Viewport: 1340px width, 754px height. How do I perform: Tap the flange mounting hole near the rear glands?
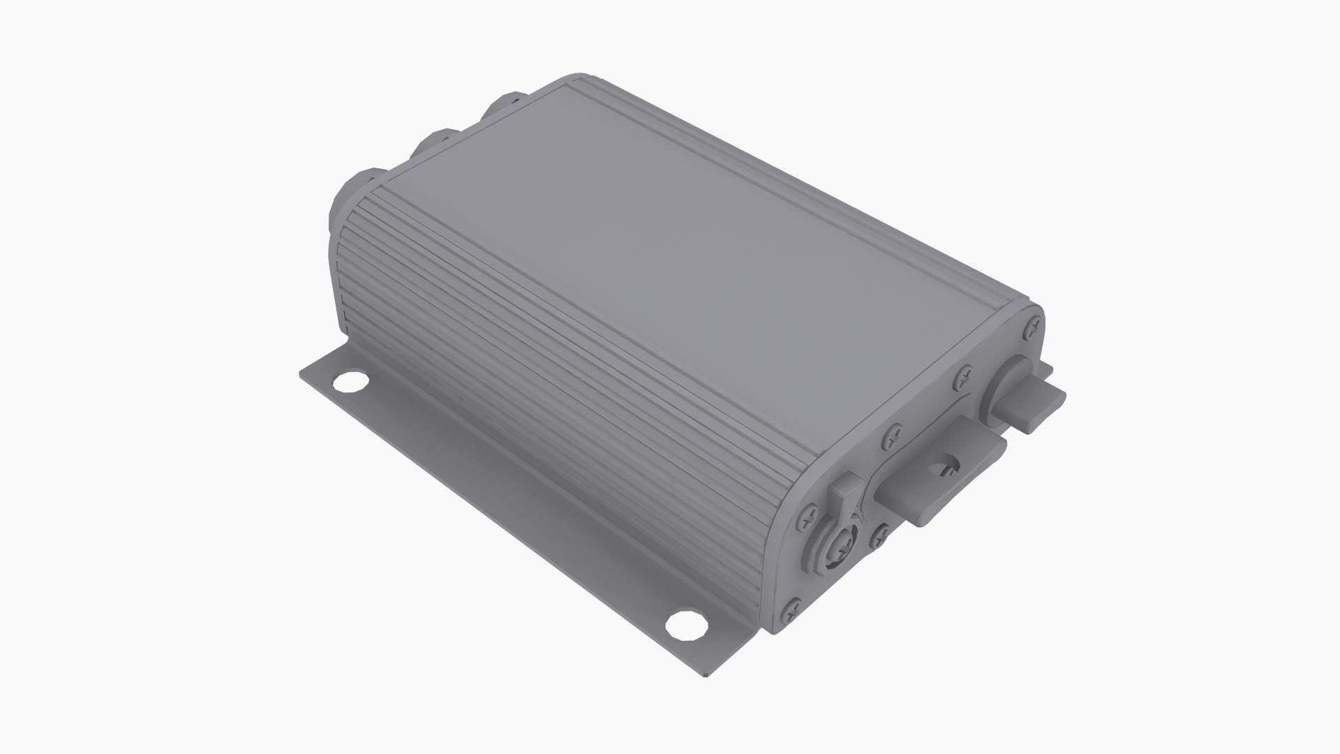(350, 383)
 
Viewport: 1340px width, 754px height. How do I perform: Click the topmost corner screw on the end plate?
(1034, 325)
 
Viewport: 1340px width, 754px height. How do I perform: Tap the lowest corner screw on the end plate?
(794, 609)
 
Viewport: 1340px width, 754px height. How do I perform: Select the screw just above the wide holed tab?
(893, 437)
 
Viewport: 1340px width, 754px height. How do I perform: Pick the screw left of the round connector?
(809, 516)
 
